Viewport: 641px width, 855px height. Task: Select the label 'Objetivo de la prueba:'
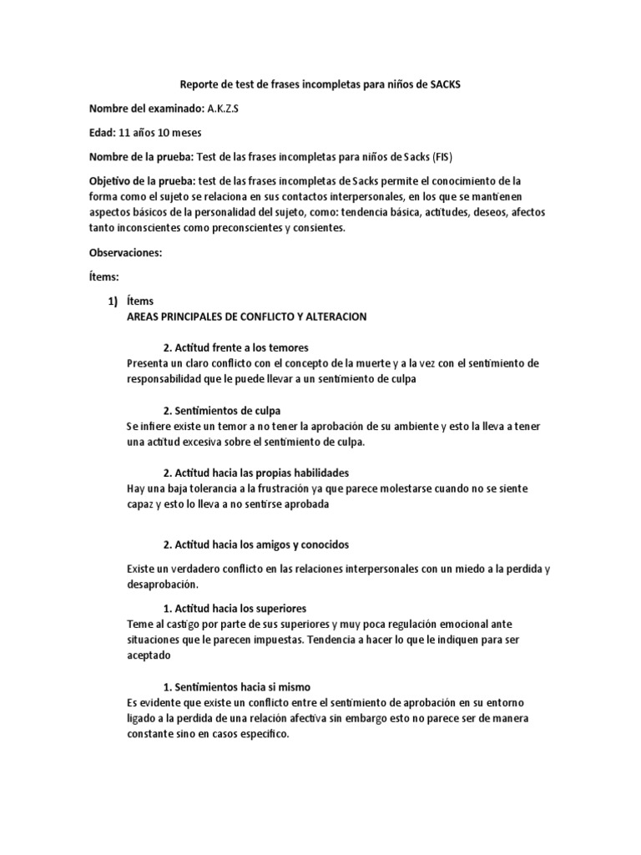click(x=144, y=180)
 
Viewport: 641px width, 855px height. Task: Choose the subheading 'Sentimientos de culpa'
click(x=227, y=410)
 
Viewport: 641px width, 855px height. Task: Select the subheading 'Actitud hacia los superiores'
click(x=240, y=607)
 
